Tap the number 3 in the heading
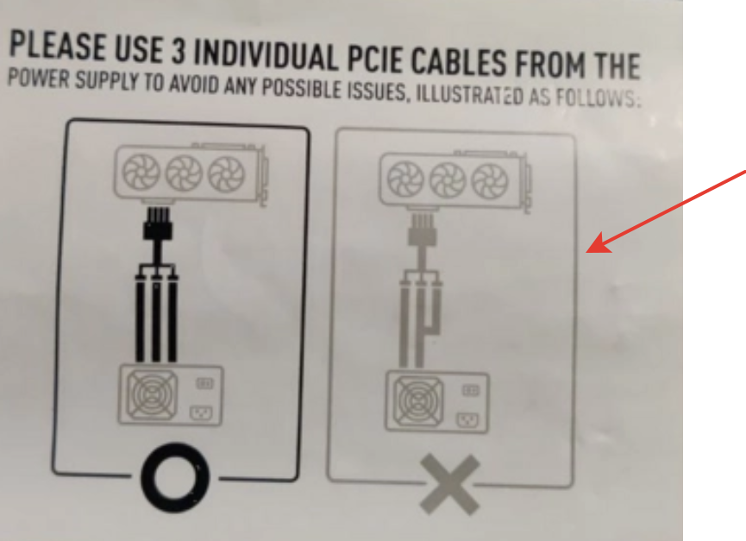tap(178, 52)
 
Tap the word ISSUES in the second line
tap(378, 91)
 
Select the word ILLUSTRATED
tap(469, 95)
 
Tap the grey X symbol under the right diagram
tap(449, 484)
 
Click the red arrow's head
tap(599, 243)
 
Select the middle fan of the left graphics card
tap(184, 173)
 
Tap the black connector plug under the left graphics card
tap(158, 223)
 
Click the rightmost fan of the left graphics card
tap(227, 174)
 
